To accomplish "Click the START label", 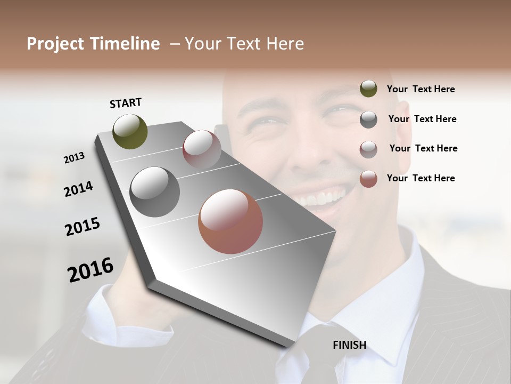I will click(x=126, y=103).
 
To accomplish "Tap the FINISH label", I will click(x=349, y=345).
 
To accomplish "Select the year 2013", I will click(x=74, y=158).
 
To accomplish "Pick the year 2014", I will click(x=78, y=189).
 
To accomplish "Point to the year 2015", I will click(x=83, y=227).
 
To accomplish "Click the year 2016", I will click(x=90, y=270).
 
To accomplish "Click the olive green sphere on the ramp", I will click(x=130, y=132).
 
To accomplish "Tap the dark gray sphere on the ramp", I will click(x=155, y=192).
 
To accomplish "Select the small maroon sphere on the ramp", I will click(x=202, y=149).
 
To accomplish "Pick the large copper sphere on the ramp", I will click(x=230, y=221).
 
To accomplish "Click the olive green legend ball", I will click(x=368, y=89).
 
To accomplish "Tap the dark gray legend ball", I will click(x=368, y=119).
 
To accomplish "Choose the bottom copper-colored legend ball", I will click(x=368, y=179).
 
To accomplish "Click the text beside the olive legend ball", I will click(x=421, y=89).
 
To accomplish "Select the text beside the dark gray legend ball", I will click(x=422, y=119).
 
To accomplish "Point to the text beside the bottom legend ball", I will click(x=421, y=178).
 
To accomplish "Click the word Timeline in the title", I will click(x=126, y=44).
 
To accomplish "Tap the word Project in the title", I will click(x=55, y=44).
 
